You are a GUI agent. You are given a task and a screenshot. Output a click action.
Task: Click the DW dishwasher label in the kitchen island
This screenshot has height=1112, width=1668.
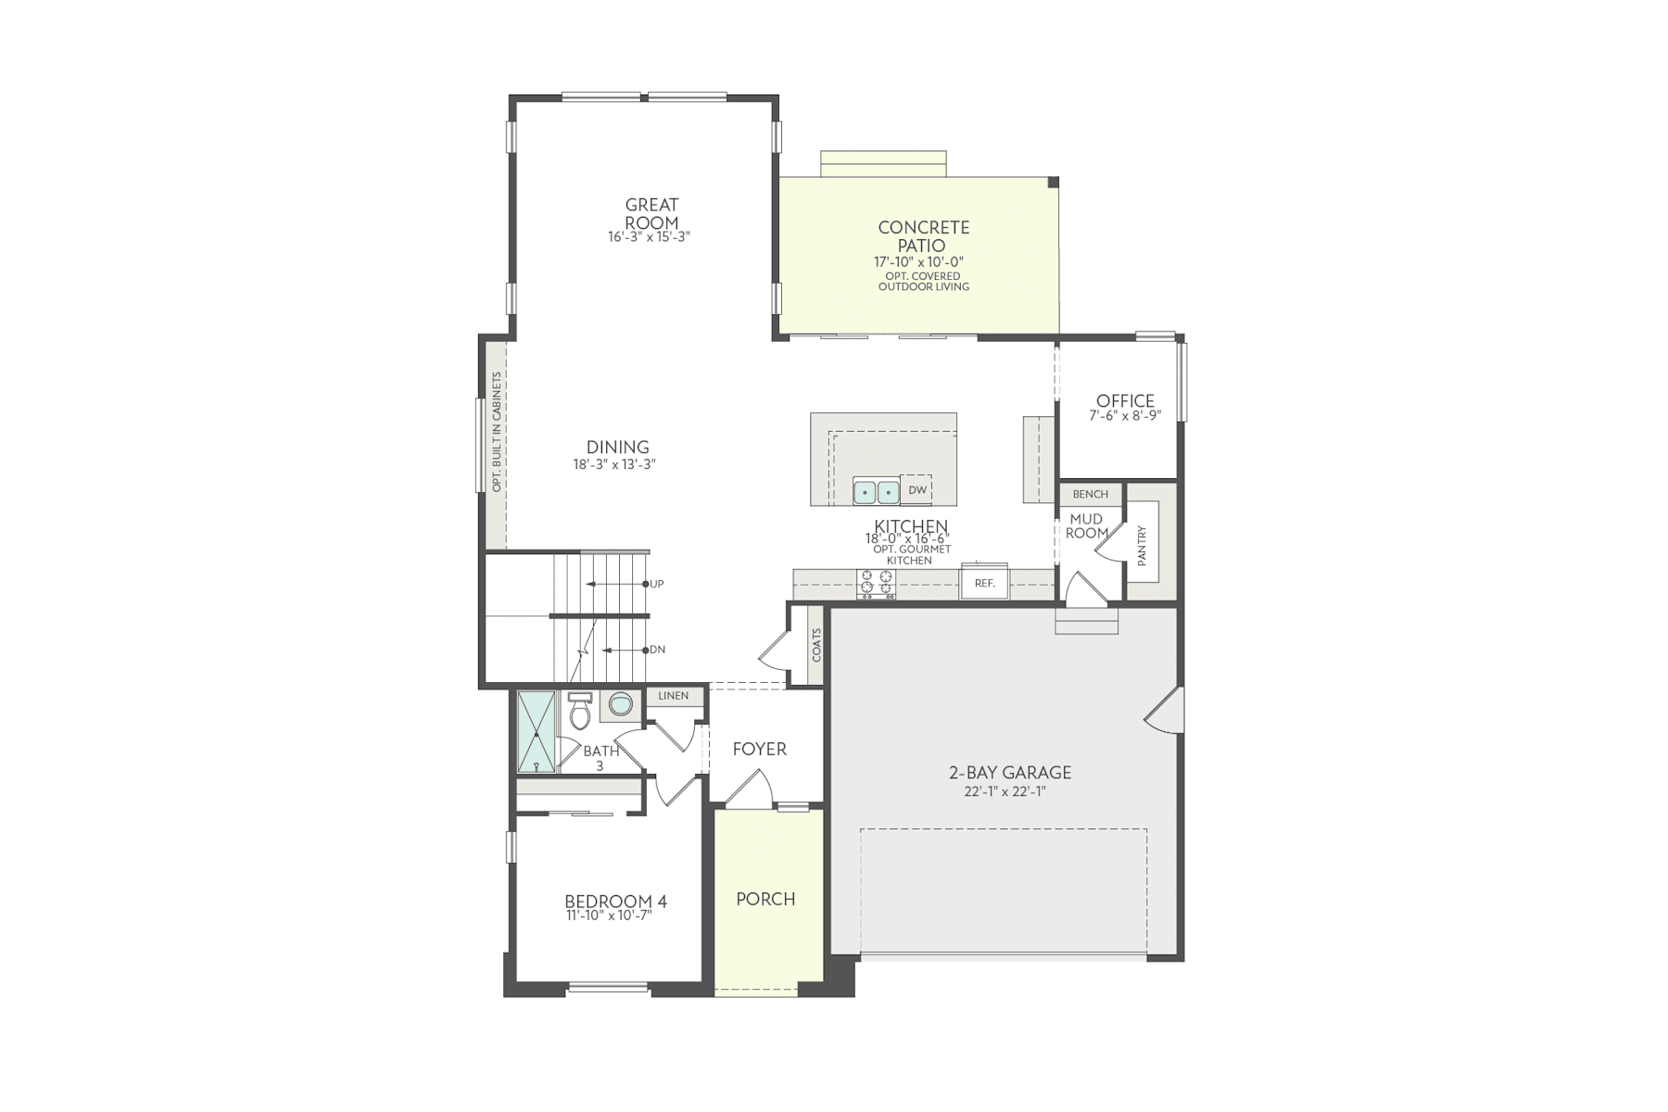coord(917,490)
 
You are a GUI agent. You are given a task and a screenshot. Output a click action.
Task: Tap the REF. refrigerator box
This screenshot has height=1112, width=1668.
coord(984,584)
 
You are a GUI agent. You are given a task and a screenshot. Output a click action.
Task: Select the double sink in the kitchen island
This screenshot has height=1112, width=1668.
coord(876,491)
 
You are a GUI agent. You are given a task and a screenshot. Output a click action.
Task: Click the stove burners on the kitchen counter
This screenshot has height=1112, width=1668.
coord(876,582)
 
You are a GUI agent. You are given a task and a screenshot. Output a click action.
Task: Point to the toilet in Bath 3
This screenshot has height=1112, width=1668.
coord(580,713)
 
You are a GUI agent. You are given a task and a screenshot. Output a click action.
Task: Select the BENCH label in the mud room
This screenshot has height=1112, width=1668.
coord(1091,495)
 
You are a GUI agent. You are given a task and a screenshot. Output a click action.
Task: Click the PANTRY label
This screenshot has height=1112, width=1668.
coord(1142,547)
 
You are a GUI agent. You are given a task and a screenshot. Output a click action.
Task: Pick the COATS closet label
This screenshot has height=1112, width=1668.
coord(816,644)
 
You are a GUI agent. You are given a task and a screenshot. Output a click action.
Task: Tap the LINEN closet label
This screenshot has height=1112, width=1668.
coord(674,696)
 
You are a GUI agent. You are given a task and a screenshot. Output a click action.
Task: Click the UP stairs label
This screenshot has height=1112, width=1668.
coord(657,585)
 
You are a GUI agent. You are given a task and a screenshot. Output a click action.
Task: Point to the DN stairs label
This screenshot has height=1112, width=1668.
coord(657,650)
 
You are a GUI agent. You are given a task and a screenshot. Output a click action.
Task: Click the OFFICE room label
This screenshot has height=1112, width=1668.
coord(1125,401)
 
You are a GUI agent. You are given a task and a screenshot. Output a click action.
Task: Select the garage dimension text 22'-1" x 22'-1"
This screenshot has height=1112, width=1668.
coord(1009,791)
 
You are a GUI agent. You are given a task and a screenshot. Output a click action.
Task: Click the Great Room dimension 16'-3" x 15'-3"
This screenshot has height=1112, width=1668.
coord(650,237)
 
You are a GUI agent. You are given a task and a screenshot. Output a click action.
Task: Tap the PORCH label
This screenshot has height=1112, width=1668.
coord(765,899)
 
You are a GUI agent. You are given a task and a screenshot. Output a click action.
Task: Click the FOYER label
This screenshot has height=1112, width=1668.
coord(759,749)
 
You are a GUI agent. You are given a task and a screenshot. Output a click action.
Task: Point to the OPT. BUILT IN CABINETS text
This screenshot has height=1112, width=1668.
coord(497,432)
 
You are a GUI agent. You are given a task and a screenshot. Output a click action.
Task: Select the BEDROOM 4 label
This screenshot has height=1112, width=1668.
coord(615,902)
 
